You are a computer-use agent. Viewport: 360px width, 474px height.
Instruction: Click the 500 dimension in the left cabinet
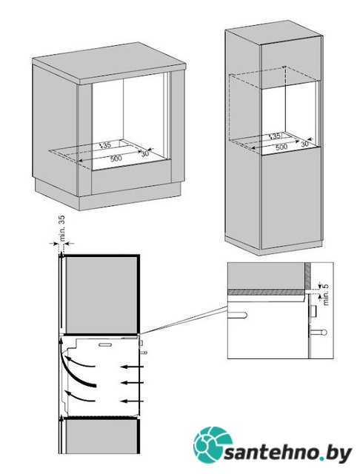point(116,158)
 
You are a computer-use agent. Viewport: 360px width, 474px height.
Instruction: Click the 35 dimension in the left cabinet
point(107,145)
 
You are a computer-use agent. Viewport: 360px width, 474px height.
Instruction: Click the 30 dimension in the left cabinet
point(145,153)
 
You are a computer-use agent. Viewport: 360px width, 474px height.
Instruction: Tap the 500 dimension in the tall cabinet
point(281,147)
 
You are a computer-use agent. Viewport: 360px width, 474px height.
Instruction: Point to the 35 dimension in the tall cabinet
point(276,136)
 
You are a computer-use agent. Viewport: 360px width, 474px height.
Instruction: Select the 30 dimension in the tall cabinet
point(304,144)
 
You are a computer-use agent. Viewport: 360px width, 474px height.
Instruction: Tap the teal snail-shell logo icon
point(213,444)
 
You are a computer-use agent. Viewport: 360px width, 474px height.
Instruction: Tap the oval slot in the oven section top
point(105,344)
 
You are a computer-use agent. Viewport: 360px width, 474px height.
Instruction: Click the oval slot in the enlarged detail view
point(238,315)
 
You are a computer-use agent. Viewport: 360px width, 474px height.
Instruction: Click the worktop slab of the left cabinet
point(109,64)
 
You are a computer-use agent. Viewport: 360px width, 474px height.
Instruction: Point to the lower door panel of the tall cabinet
point(291,198)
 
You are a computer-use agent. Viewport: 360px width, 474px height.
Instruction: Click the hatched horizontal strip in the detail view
point(266,293)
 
